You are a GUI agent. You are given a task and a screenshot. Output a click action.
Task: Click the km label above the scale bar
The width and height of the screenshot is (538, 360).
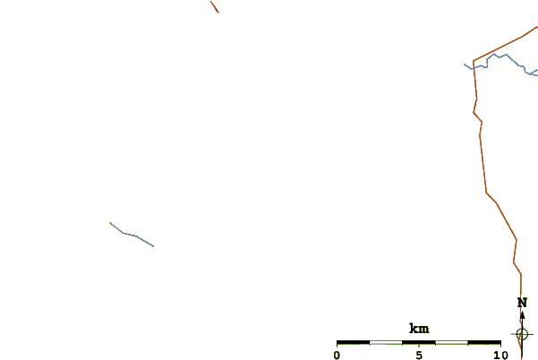419,329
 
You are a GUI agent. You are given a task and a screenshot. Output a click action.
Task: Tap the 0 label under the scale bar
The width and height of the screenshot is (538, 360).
337,356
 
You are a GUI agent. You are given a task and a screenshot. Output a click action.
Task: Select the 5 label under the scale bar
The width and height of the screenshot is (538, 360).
419,356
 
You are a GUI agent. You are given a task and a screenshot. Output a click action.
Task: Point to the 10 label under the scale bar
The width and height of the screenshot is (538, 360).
500,356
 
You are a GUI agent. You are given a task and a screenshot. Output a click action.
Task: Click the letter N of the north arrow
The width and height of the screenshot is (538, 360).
522,303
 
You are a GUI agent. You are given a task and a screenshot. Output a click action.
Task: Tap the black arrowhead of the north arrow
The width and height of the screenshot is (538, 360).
522,316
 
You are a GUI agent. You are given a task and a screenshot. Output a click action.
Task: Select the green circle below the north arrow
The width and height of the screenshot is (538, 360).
522,334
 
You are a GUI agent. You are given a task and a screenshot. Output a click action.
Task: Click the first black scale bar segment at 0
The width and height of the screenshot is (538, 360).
353,342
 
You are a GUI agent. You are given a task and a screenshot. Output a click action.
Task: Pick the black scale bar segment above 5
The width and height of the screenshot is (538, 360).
419,342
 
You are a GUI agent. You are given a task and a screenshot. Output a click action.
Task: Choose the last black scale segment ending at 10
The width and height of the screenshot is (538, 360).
484,342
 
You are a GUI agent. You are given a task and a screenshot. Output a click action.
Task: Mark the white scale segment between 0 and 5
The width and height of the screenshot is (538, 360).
386,342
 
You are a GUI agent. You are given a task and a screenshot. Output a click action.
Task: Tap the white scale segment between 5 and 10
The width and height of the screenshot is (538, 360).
451,342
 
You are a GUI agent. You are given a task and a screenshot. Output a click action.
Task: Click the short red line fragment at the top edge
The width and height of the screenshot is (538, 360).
215,7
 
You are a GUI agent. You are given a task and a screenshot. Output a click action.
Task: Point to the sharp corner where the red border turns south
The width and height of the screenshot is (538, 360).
474,61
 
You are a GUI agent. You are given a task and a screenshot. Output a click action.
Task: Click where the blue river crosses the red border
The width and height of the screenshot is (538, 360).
474,67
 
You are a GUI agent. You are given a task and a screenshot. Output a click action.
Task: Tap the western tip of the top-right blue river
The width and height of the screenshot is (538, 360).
465,64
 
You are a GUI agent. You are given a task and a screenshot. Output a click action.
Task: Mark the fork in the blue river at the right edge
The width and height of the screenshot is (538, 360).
531,73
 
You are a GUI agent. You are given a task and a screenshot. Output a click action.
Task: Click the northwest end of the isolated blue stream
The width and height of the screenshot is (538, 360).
110,222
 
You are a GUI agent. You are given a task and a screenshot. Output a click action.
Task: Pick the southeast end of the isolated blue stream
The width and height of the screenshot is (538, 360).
153,246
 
